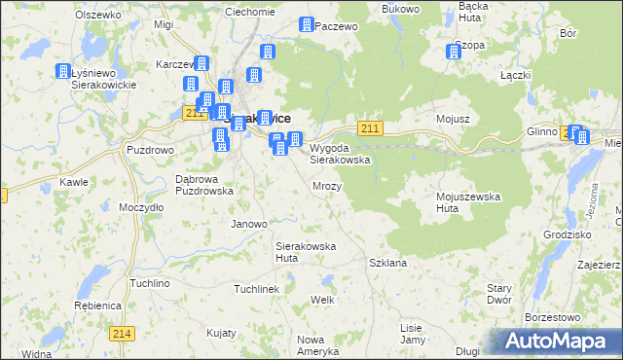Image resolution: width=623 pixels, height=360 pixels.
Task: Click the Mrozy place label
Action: click(x=327, y=185)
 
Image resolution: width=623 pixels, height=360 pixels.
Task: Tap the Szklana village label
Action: click(x=387, y=263)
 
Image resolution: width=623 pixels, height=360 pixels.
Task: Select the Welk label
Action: click(x=322, y=299)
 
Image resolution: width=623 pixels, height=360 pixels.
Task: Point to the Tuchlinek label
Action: click(x=257, y=289)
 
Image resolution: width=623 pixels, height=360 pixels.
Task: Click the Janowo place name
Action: click(x=248, y=224)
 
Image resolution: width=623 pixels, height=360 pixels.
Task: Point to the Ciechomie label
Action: click(x=250, y=12)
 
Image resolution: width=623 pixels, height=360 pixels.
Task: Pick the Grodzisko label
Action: click(x=569, y=234)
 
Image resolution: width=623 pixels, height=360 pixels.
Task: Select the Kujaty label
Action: click(x=222, y=332)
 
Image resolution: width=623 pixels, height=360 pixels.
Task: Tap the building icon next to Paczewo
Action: click(x=307, y=24)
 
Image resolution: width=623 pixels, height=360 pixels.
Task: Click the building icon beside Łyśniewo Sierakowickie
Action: click(x=64, y=72)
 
